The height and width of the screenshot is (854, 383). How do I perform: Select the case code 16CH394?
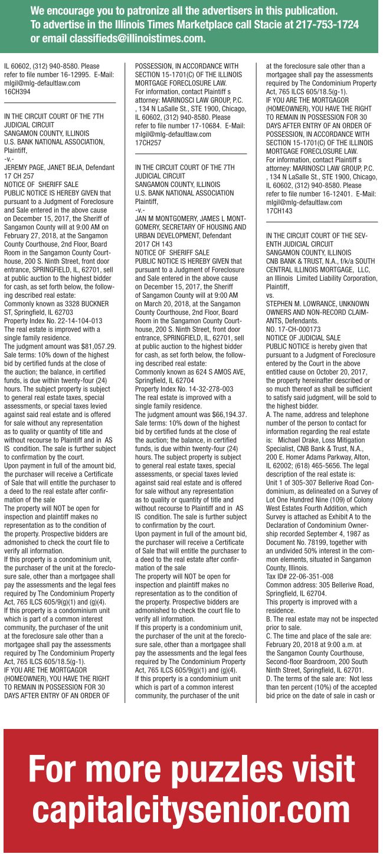pos(18,91)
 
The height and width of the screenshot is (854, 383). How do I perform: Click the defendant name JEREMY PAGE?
pos(24,167)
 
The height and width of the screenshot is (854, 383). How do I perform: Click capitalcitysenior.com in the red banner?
pos(192,806)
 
